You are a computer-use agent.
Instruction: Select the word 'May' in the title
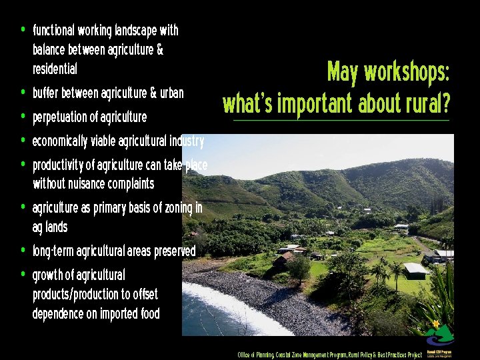pos(342,73)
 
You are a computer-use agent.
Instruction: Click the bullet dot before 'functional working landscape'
pos(23,29)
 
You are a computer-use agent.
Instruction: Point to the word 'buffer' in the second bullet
pos(45,93)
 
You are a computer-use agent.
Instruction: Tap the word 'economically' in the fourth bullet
pos(59,141)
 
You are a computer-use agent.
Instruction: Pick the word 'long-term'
pos(53,251)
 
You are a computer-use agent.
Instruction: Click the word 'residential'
pos(55,69)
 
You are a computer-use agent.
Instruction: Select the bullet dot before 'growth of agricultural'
pos(23,274)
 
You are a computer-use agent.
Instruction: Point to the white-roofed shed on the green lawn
pos(415,269)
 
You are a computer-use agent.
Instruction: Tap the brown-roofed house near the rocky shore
pos(284,257)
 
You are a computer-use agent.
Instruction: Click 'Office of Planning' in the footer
pos(256,355)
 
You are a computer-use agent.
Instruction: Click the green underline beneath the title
pos(341,121)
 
